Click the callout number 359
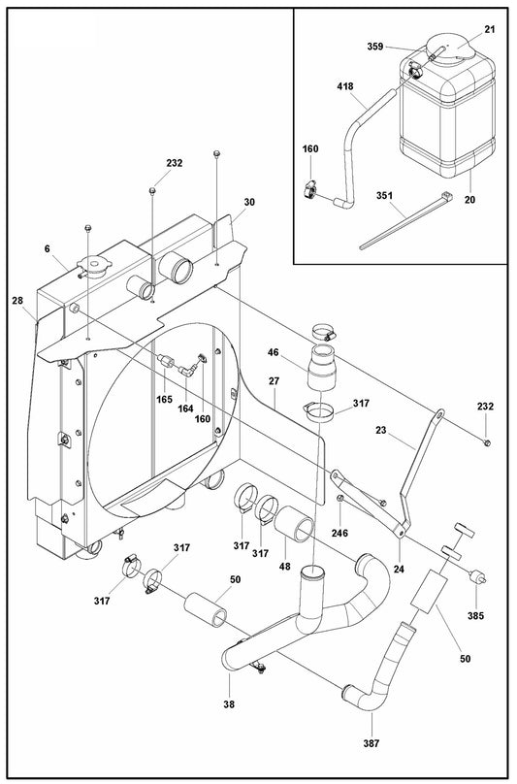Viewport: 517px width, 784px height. (x=375, y=46)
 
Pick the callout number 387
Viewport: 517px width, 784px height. (x=372, y=743)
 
